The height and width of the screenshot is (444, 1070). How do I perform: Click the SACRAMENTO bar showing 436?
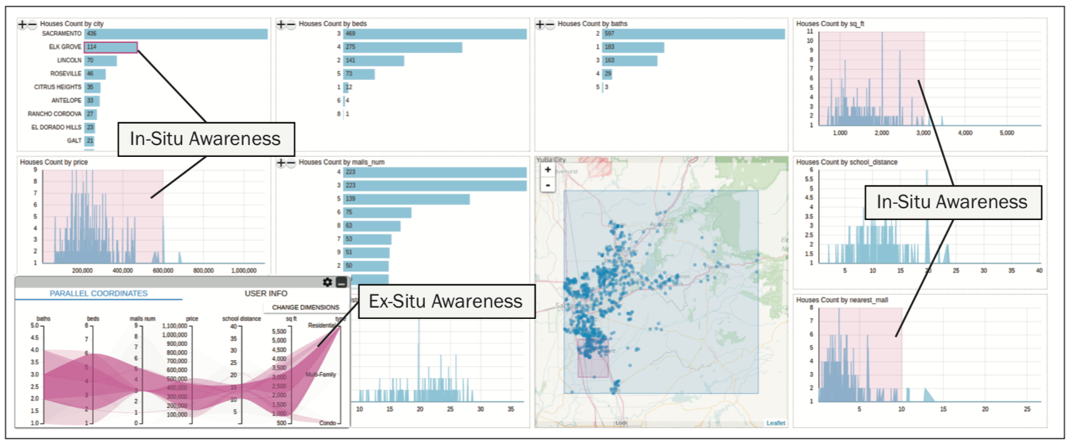176,34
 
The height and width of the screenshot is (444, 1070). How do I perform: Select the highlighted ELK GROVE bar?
111,47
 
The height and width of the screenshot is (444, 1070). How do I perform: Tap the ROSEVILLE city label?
66,74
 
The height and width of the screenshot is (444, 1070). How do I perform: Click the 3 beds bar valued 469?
434,34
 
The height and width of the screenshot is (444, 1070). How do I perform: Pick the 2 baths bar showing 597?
693,34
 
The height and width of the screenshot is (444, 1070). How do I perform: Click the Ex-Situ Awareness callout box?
446,301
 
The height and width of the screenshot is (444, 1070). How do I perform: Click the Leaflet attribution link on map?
776,423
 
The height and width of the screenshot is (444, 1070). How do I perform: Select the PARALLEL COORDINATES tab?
99,293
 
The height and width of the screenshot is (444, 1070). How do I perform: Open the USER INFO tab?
266,293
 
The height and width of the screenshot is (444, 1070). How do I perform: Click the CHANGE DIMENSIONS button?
305,308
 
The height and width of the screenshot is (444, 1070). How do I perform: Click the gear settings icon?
327,283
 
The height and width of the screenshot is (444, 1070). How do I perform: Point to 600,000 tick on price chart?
162,271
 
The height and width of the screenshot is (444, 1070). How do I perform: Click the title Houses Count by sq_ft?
830,24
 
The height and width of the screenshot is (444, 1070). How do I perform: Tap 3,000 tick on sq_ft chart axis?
923,133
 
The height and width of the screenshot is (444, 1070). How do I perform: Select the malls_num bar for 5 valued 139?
406,199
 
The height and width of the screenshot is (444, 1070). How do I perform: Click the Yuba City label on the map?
551,160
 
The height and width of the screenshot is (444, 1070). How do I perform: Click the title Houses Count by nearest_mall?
842,300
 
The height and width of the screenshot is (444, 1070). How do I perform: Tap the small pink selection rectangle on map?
592,358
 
